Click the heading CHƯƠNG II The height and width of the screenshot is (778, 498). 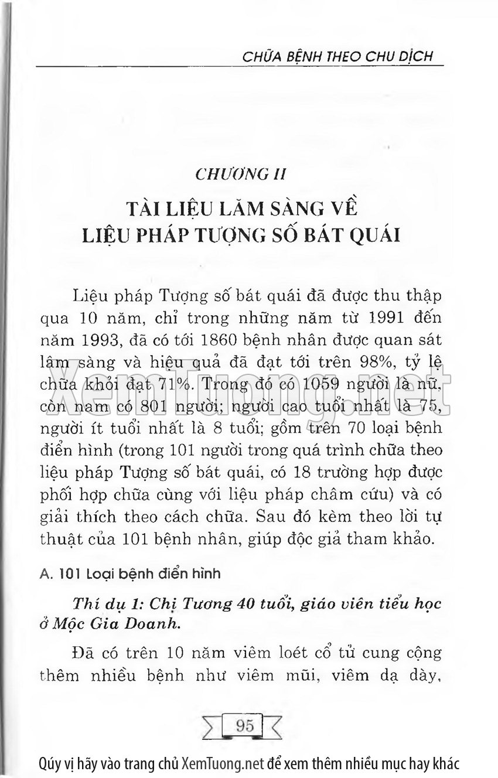point(241,174)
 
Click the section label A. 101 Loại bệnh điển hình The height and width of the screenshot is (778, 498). point(130,574)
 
